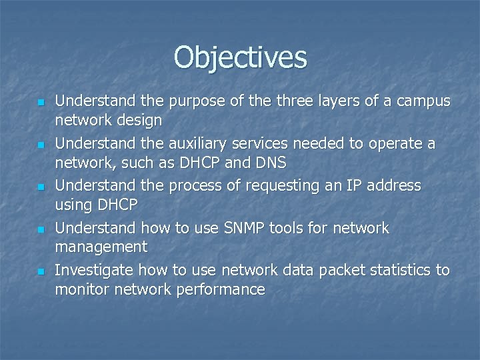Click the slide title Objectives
coord(241,57)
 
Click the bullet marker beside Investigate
coord(41,272)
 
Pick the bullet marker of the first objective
coord(41,103)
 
